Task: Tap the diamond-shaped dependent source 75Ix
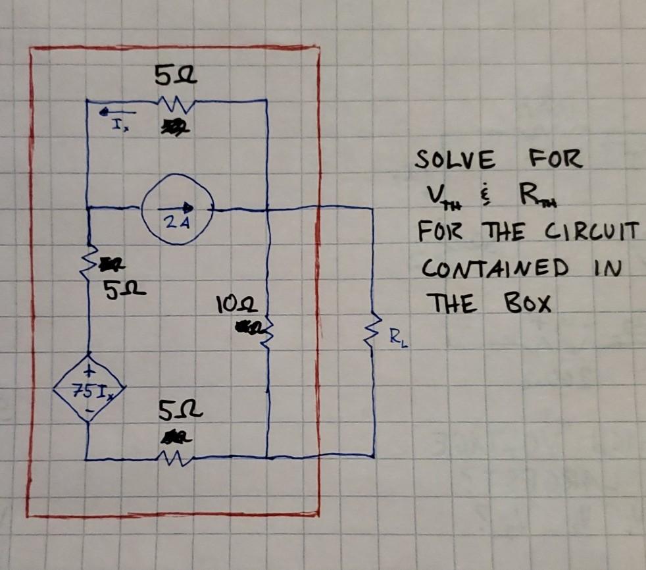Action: click(88, 394)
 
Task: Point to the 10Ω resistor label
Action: click(230, 306)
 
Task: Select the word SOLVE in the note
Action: click(455, 159)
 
